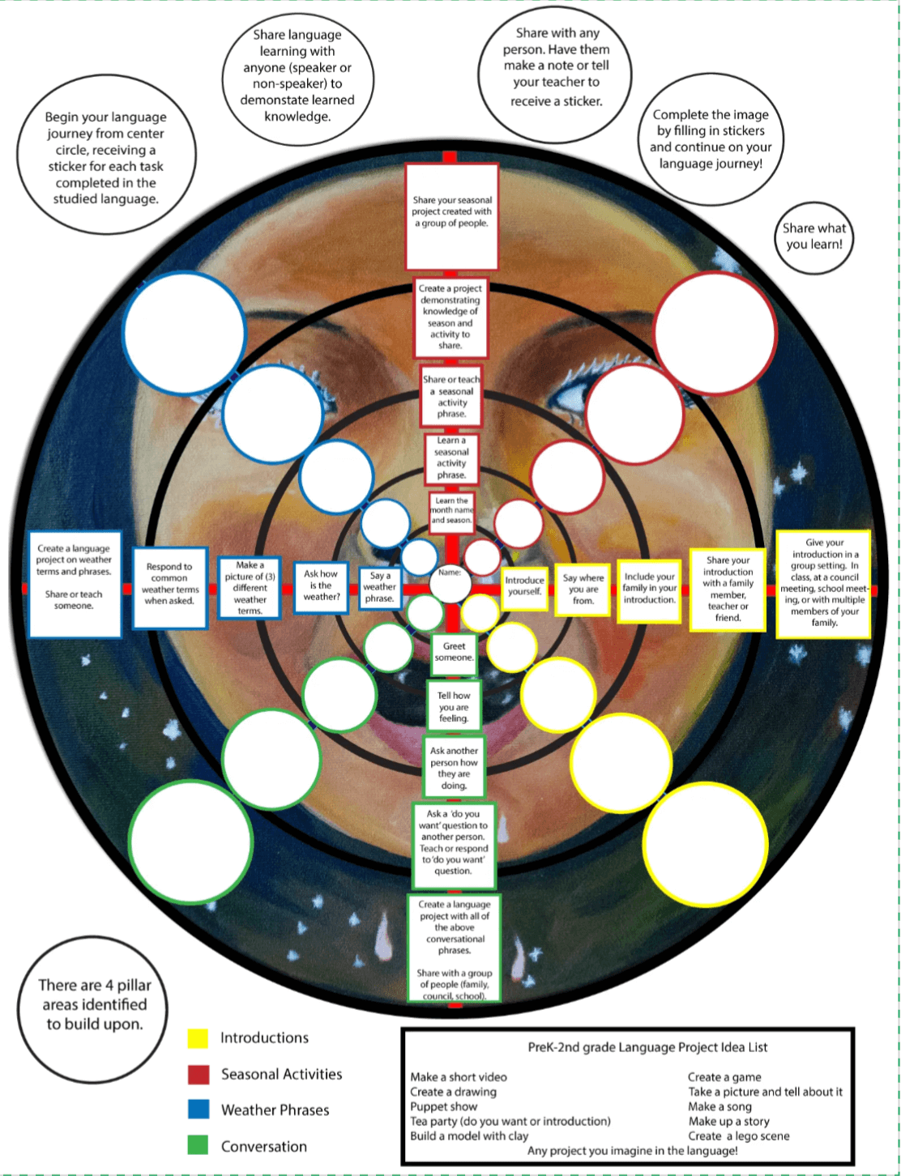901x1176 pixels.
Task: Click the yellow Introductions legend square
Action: pos(198,1038)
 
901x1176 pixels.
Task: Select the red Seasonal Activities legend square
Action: pos(199,1075)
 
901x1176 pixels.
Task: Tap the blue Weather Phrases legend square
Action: pos(199,1110)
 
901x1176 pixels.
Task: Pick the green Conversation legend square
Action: pos(198,1145)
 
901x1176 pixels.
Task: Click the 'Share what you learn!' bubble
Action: pos(813,236)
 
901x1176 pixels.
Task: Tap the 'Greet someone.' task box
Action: pos(454,653)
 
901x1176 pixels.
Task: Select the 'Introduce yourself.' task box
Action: pos(524,586)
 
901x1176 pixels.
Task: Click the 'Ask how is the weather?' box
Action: pos(321,586)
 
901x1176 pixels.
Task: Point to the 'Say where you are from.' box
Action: pos(583,589)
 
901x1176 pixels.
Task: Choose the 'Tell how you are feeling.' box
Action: pos(454,707)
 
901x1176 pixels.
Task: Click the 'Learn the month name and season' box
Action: pos(451,511)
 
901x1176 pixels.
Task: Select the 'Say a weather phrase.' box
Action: pos(379,587)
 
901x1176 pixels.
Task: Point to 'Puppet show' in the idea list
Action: pos(443,1106)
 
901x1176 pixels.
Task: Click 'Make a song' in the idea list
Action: pos(720,1106)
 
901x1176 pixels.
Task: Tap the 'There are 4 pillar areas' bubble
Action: pos(95,1005)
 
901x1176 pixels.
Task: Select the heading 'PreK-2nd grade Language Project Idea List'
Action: pos(647,1047)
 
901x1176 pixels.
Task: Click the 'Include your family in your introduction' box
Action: pos(649,589)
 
